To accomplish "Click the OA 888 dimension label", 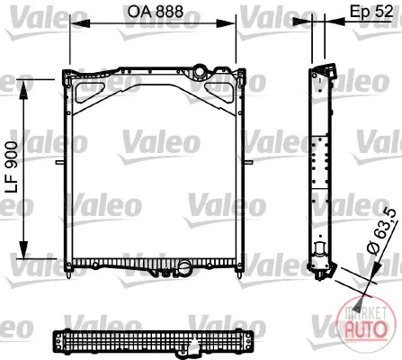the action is (x=156, y=12).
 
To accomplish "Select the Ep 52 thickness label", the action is (x=371, y=12).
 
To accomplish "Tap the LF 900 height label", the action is (x=13, y=167).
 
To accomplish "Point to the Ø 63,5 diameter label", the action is (x=381, y=231).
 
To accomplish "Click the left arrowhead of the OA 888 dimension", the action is (x=79, y=23).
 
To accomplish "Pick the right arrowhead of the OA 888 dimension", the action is (x=226, y=23).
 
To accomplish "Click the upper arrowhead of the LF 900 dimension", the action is (x=23, y=90).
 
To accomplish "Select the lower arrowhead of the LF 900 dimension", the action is (x=23, y=248).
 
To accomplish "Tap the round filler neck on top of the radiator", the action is (x=199, y=71).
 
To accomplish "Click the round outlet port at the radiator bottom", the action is (x=184, y=266).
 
